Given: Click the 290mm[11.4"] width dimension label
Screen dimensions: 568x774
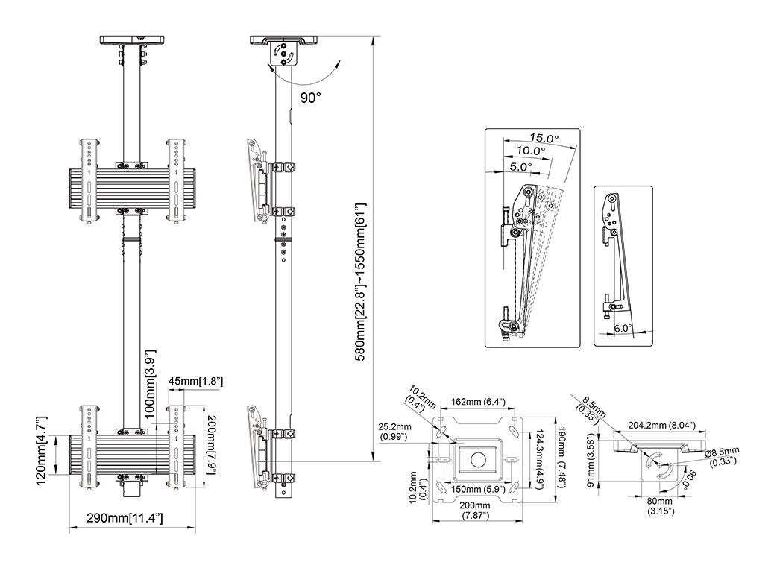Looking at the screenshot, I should pyautogui.click(x=125, y=518).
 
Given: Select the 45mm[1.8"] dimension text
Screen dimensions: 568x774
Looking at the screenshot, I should pyautogui.click(x=196, y=382).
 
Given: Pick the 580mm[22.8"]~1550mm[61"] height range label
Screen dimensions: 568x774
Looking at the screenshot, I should pyautogui.click(x=360, y=282).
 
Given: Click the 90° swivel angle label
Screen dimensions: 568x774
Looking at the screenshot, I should pyautogui.click(x=310, y=97).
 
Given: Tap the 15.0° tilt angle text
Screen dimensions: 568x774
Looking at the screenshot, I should pyautogui.click(x=544, y=138).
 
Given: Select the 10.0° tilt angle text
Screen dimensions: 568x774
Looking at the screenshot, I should pyautogui.click(x=531, y=151).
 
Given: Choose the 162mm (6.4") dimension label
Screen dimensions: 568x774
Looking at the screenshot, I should pyautogui.click(x=478, y=403).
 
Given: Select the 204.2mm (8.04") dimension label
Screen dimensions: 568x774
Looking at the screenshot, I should pyautogui.click(x=662, y=425).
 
